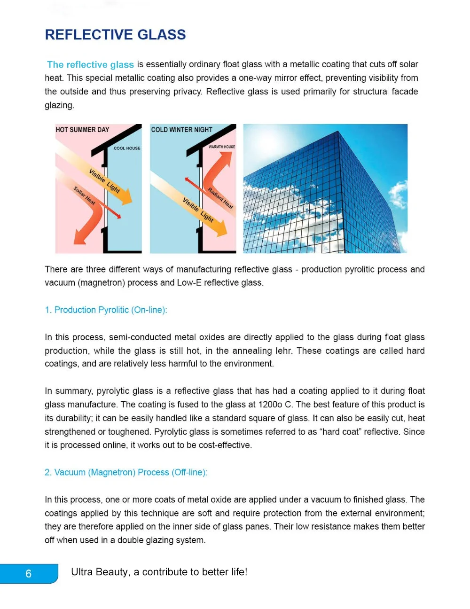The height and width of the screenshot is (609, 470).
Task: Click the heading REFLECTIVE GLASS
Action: click(115, 35)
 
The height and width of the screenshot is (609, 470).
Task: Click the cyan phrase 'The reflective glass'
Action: click(90, 64)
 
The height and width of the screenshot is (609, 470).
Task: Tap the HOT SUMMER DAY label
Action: click(82, 130)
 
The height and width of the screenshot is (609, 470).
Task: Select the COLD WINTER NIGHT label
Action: click(181, 130)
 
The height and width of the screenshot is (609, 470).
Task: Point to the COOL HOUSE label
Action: click(127, 148)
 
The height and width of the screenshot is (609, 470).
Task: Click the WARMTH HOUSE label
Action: click(222, 147)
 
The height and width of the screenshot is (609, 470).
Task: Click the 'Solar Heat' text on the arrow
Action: click(84, 195)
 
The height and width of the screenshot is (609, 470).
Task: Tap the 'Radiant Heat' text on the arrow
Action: click(220, 198)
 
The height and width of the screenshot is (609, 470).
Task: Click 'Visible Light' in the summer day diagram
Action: click(104, 181)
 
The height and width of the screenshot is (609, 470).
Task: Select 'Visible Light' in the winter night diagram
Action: click(198, 210)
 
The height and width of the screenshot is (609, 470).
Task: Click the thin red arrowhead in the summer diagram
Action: click(118, 217)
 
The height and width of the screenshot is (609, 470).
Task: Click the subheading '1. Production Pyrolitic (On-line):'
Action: click(106, 310)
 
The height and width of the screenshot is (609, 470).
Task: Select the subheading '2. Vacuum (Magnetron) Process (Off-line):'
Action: click(126, 473)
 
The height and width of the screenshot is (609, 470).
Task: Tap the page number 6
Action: click(29, 574)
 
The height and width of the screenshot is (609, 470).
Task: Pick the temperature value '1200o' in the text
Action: click(270, 405)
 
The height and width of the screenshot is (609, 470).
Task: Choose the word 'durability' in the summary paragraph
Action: click(72, 418)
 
